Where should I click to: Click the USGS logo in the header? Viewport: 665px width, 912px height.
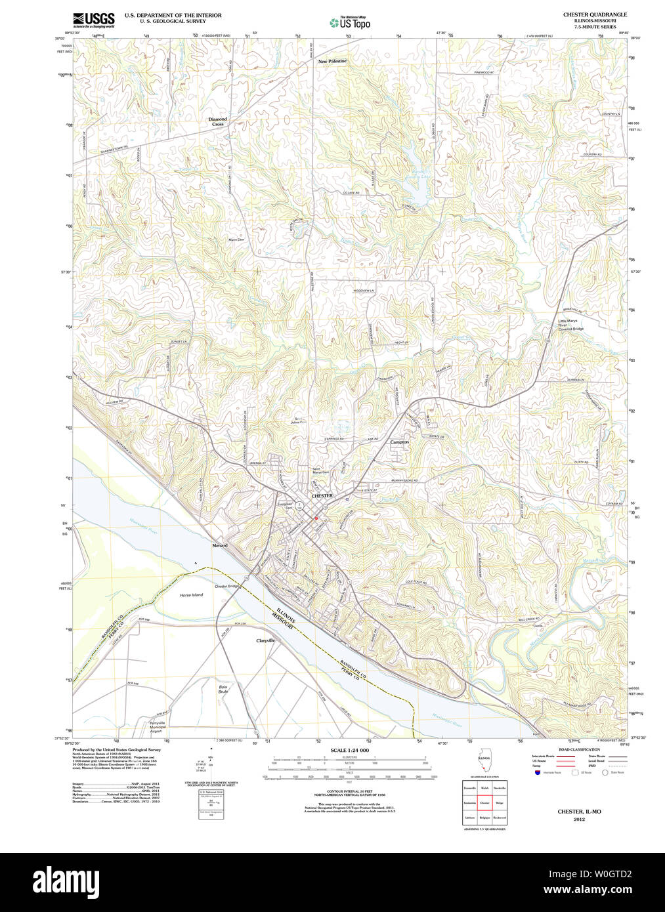[x=93, y=20]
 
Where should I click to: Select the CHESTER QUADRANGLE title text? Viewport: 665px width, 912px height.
[x=595, y=14]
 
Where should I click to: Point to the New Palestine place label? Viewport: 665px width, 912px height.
[x=332, y=61]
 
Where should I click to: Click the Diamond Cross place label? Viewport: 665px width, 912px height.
[x=217, y=121]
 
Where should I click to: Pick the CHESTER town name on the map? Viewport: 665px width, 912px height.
[x=322, y=496]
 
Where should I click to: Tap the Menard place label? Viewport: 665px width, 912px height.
[x=220, y=545]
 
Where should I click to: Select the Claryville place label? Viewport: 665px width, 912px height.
[x=265, y=640]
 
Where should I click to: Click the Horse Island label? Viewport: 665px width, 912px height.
[x=192, y=595]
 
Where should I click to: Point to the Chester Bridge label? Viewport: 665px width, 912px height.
[x=227, y=586]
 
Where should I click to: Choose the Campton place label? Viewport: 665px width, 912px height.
[x=399, y=442]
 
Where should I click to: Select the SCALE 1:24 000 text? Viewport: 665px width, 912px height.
[x=349, y=751]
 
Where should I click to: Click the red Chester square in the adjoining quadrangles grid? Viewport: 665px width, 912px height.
[x=484, y=802]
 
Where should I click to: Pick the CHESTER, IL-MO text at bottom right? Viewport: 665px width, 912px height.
[x=579, y=812]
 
